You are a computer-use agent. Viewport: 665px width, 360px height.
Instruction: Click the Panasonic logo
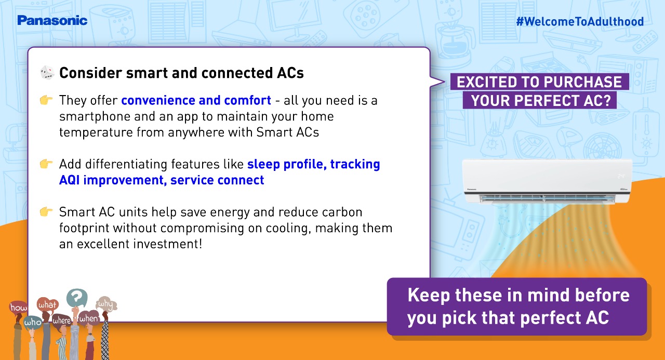pyautogui.click(x=52, y=20)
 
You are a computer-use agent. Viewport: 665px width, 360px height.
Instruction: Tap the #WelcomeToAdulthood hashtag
pyautogui.click(x=580, y=22)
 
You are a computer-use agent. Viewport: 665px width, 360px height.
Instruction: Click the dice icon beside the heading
pyautogui.click(x=47, y=73)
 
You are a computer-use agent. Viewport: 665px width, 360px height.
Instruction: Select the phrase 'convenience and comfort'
pyautogui.click(x=196, y=100)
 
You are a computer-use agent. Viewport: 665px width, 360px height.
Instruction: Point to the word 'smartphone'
pyautogui.click(x=95, y=117)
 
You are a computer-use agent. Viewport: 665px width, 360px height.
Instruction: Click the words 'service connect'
pyautogui.click(x=217, y=180)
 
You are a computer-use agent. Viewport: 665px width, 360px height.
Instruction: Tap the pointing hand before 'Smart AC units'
pyautogui.click(x=46, y=211)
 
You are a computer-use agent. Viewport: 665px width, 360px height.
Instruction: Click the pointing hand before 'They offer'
pyautogui.click(x=46, y=100)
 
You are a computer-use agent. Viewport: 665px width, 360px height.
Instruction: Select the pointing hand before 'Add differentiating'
pyautogui.click(x=46, y=164)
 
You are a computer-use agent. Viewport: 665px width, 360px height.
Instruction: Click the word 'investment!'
pyautogui.click(x=168, y=244)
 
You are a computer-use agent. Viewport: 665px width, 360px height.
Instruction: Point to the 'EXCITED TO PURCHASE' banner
pyautogui.click(x=539, y=82)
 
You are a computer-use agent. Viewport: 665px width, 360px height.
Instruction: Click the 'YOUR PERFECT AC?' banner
pyautogui.click(x=540, y=100)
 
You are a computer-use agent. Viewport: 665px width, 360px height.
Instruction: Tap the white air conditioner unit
pyautogui.click(x=547, y=182)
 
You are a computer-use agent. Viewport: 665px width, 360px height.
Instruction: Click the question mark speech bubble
pyautogui.click(x=77, y=297)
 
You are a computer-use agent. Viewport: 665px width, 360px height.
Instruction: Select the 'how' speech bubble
pyautogui.click(x=18, y=307)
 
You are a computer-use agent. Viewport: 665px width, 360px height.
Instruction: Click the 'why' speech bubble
pyautogui.click(x=107, y=303)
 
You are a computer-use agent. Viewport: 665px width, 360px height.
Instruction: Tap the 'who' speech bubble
pyautogui.click(x=33, y=323)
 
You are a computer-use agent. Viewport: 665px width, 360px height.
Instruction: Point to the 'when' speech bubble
pyautogui.click(x=88, y=318)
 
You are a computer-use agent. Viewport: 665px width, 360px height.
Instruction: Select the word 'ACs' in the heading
pyautogui.click(x=290, y=73)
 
